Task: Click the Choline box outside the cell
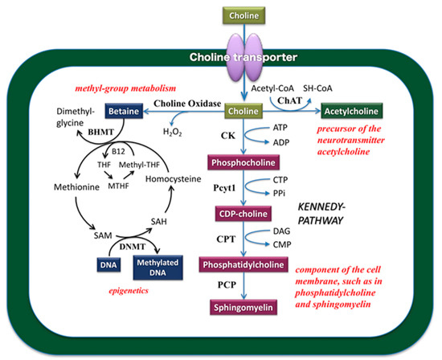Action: pos(221,15)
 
